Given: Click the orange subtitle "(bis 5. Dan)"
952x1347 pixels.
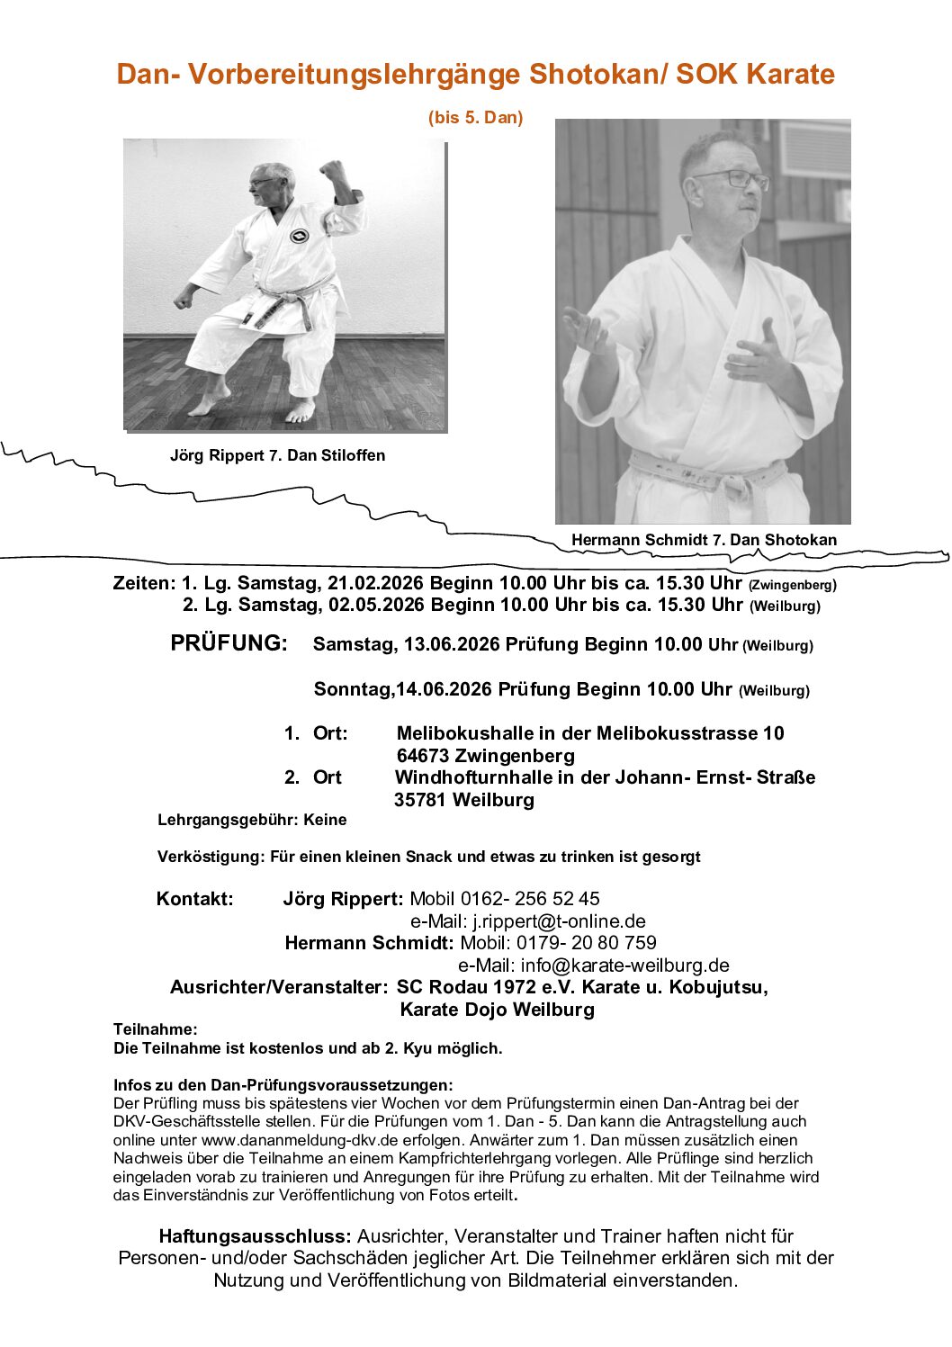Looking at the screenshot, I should (475, 118).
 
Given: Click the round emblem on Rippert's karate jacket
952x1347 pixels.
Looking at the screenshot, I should (299, 237).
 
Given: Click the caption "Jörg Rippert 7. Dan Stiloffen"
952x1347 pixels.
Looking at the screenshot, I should (277, 455).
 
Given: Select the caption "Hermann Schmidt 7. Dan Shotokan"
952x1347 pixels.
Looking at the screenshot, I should (704, 540).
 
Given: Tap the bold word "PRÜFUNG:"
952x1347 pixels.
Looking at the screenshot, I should (229, 643).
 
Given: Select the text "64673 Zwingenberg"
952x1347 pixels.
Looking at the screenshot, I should (485, 756).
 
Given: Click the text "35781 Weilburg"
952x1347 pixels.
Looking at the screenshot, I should (463, 800).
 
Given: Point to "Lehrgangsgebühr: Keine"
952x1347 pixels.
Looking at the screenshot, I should (252, 820).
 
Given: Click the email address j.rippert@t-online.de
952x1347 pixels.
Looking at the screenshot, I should (559, 921).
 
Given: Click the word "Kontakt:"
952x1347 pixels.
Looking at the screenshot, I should (194, 899).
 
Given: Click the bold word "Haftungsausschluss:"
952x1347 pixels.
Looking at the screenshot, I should (255, 1236).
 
